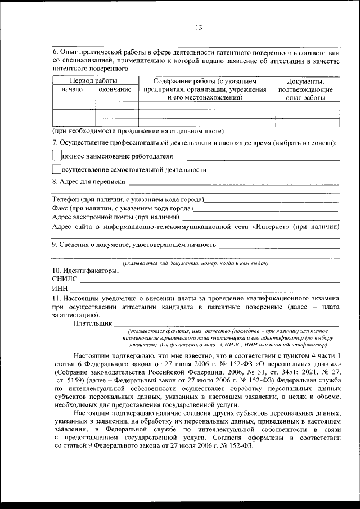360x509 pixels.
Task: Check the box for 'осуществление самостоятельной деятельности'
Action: (x=56, y=169)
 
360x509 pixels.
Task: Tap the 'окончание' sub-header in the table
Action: (x=115, y=89)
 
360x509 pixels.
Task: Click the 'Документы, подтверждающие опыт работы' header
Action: (x=309, y=89)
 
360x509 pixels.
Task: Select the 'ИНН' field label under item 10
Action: (x=60, y=288)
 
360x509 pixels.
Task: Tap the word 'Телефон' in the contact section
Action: (x=66, y=200)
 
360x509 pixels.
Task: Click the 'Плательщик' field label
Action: (x=92, y=323)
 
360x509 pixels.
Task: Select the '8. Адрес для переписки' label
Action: (x=88, y=182)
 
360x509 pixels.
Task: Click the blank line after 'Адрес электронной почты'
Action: (x=262, y=218)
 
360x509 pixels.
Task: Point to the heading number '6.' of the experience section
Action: (x=55, y=51)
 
